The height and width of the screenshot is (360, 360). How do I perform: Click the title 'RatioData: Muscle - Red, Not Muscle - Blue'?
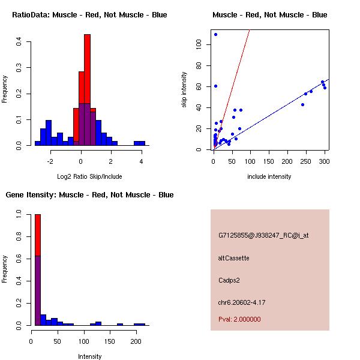pos(89,15)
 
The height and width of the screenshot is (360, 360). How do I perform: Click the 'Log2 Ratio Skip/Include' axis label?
pos(89,176)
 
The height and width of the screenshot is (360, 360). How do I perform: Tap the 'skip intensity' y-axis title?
pos(184,90)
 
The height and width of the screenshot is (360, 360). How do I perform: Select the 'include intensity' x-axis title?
pos(269,176)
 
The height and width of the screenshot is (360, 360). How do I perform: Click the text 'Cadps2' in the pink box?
pos(229,280)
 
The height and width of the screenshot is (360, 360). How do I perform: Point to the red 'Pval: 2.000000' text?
pos(239,319)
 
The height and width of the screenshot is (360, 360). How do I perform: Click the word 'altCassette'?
pos(233,258)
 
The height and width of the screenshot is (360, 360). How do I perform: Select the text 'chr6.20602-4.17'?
pos(242,302)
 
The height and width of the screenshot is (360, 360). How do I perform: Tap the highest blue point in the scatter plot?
pos(215,34)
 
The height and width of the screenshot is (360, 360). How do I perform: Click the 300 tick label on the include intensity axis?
pos(325,161)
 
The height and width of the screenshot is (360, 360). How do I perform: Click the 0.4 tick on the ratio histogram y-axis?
pos(19,42)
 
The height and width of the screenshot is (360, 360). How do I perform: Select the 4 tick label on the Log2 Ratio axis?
pos(142,161)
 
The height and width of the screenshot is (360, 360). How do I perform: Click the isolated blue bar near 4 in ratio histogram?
pos(139,143)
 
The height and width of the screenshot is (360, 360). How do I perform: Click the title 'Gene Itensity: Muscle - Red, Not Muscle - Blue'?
pos(89,195)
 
